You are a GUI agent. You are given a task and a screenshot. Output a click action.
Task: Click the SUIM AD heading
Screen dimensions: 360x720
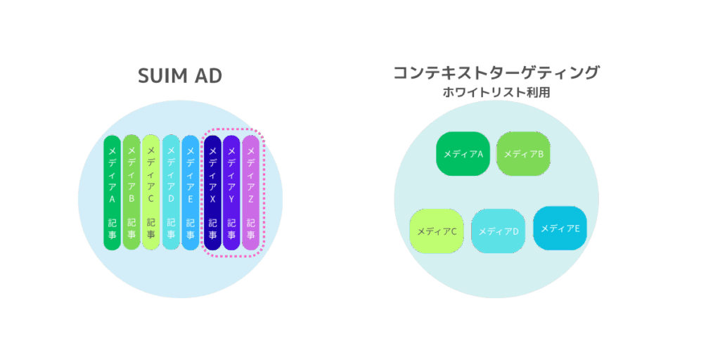tap(180, 76)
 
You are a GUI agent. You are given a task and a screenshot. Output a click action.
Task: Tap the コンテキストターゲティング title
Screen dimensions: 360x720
tap(496, 72)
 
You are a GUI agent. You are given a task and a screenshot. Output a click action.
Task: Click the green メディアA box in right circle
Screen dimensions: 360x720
tap(463, 153)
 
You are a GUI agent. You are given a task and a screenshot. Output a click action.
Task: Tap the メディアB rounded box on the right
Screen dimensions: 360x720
tap(523, 153)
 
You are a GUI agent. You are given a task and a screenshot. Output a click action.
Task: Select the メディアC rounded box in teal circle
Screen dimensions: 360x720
tap(437, 231)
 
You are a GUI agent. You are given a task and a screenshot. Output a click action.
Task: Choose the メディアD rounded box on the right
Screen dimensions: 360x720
tap(499, 231)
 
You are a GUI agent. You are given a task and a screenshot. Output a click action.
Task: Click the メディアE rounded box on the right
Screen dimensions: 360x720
tap(560, 228)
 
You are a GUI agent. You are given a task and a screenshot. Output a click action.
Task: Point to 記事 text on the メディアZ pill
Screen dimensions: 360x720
tap(251, 230)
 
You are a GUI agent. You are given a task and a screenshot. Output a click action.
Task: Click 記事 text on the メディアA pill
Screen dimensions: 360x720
tap(112, 230)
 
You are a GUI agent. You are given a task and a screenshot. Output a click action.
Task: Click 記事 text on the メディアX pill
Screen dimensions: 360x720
tap(212, 230)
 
